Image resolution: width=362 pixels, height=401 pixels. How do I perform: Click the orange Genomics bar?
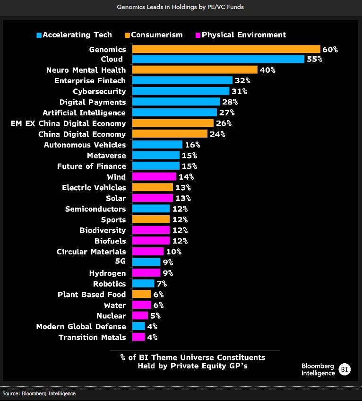tap(226, 49)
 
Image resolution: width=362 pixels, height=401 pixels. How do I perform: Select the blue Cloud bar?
tap(218, 59)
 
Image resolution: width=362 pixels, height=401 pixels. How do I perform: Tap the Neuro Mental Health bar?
tap(195, 70)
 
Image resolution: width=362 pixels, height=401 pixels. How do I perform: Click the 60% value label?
tap(330, 49)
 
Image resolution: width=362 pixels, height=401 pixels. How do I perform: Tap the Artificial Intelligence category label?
tap(84, 113)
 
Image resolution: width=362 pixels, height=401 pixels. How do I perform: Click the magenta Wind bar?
tap(154, 177)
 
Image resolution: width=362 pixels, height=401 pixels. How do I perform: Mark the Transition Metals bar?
tap(138, 337)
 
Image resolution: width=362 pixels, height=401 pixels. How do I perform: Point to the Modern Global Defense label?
tap(81, 326)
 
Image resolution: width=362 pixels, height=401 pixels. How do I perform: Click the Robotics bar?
tap(143, 284)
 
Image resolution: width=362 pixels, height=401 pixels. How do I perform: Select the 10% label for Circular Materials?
tap(173, 252)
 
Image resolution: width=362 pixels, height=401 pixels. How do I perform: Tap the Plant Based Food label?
tap(92, 294)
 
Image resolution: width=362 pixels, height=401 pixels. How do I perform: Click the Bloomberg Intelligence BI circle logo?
tap(345, 369)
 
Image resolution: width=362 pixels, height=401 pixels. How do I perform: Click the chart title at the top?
tap(181, 7)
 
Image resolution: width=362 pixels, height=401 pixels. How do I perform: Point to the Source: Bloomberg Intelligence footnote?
tap(39, 393)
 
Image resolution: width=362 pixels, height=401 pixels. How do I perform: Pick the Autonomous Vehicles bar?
tap(157, 145)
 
